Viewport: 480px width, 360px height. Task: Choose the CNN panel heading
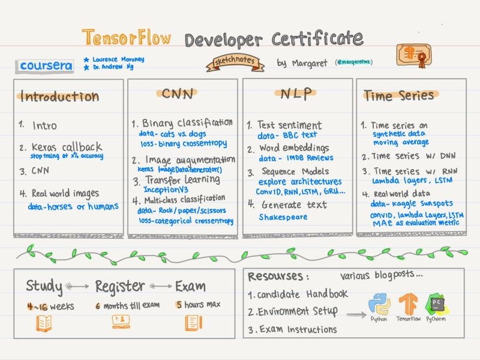click(179, 93)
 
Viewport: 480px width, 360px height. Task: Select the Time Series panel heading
click(398, 95)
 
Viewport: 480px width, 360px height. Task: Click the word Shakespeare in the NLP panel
click(282, 218)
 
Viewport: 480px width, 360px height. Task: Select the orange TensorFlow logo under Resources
click(408, 304)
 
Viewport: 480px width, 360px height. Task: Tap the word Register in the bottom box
click(120, 286)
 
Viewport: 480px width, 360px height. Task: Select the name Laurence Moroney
click(118, 60)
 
